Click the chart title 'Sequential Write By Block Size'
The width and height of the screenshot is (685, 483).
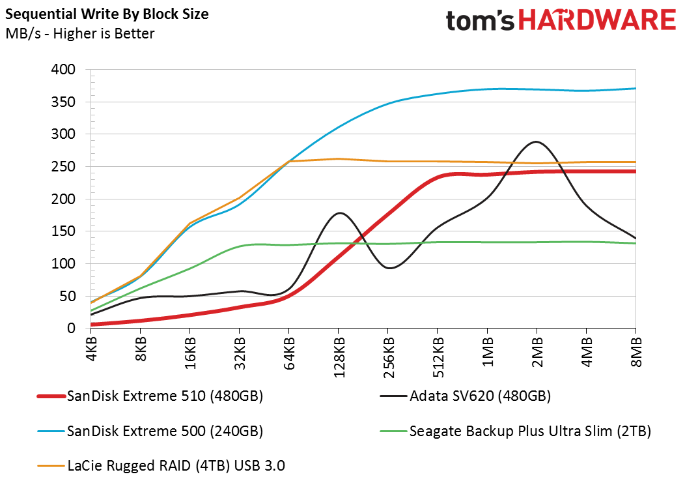coord(107,14)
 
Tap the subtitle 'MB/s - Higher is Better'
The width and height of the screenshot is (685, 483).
coord(80,34)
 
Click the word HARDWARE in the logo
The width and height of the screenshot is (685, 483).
coord(597,20)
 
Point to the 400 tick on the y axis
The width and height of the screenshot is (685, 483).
coord(63,69)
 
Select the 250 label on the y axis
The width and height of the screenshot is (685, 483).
coord(63,166)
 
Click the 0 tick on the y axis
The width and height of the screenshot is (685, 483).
coord(71,328)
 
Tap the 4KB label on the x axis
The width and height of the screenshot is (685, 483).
coord(92,349)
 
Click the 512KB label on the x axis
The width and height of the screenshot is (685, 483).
coord(438,357)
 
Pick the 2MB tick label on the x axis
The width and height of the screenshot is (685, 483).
coord(537,352)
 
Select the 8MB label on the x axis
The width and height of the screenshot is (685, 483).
coord(636,352)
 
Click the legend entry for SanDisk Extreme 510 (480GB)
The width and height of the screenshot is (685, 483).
coord(150,396)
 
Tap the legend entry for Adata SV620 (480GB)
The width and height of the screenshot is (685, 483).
coord(466,396)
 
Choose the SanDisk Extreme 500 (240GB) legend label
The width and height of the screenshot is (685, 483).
coord(150,432)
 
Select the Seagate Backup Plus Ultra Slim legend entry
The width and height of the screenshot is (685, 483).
coord(516,432)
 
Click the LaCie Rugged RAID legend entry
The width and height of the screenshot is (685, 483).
coord(161,465)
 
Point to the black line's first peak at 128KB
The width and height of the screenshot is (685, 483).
coord(340,213)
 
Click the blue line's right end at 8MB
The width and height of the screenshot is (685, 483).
coord(636,89)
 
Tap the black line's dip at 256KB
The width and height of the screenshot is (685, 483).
coord(389,268)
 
